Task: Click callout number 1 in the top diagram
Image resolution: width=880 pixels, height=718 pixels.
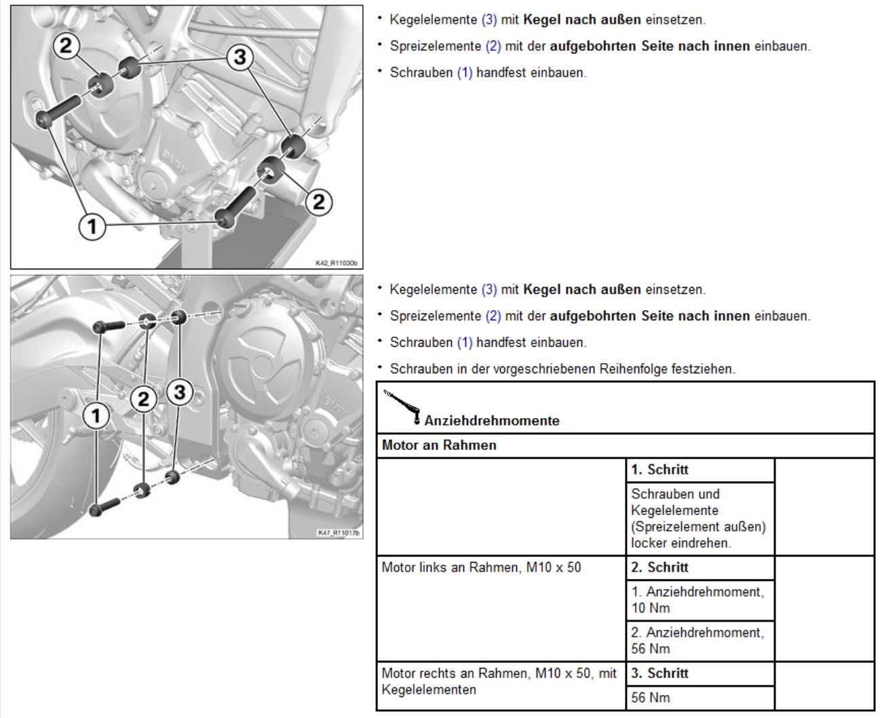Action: (x=93, y=226)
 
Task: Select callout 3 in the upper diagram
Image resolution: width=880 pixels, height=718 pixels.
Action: (x=240, y=57)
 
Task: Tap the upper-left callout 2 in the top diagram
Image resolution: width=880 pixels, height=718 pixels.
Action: (x=66, y=46)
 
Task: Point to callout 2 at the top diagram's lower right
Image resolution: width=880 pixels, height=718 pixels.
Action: (x=319, y=201)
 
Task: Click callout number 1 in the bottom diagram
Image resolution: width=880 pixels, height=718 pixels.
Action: (x=96, y=415)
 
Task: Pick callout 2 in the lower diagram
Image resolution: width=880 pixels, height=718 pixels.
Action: (x=143, y=399)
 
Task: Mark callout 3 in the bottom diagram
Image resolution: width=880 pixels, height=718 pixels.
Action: (x=179, y=392)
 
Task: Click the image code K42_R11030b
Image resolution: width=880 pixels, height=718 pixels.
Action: (x=337, y=263)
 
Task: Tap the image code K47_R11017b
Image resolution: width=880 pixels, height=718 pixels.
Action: (x=339, y=533)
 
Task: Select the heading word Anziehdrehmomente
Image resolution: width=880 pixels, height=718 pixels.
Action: (x=492, y=421)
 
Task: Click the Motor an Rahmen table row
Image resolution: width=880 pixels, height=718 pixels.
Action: (x=624, y=445)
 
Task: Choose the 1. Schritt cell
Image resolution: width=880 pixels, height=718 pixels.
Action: (x=699, y=470)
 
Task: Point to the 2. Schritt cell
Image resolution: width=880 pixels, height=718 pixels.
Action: (x=699, y=567)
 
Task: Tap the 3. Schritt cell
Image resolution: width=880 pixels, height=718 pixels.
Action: (x=699, y=673)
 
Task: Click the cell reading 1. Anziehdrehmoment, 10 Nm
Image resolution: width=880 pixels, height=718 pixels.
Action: (x=699, y=600)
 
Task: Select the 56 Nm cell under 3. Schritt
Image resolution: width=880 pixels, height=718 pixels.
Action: (x=699, y=698)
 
